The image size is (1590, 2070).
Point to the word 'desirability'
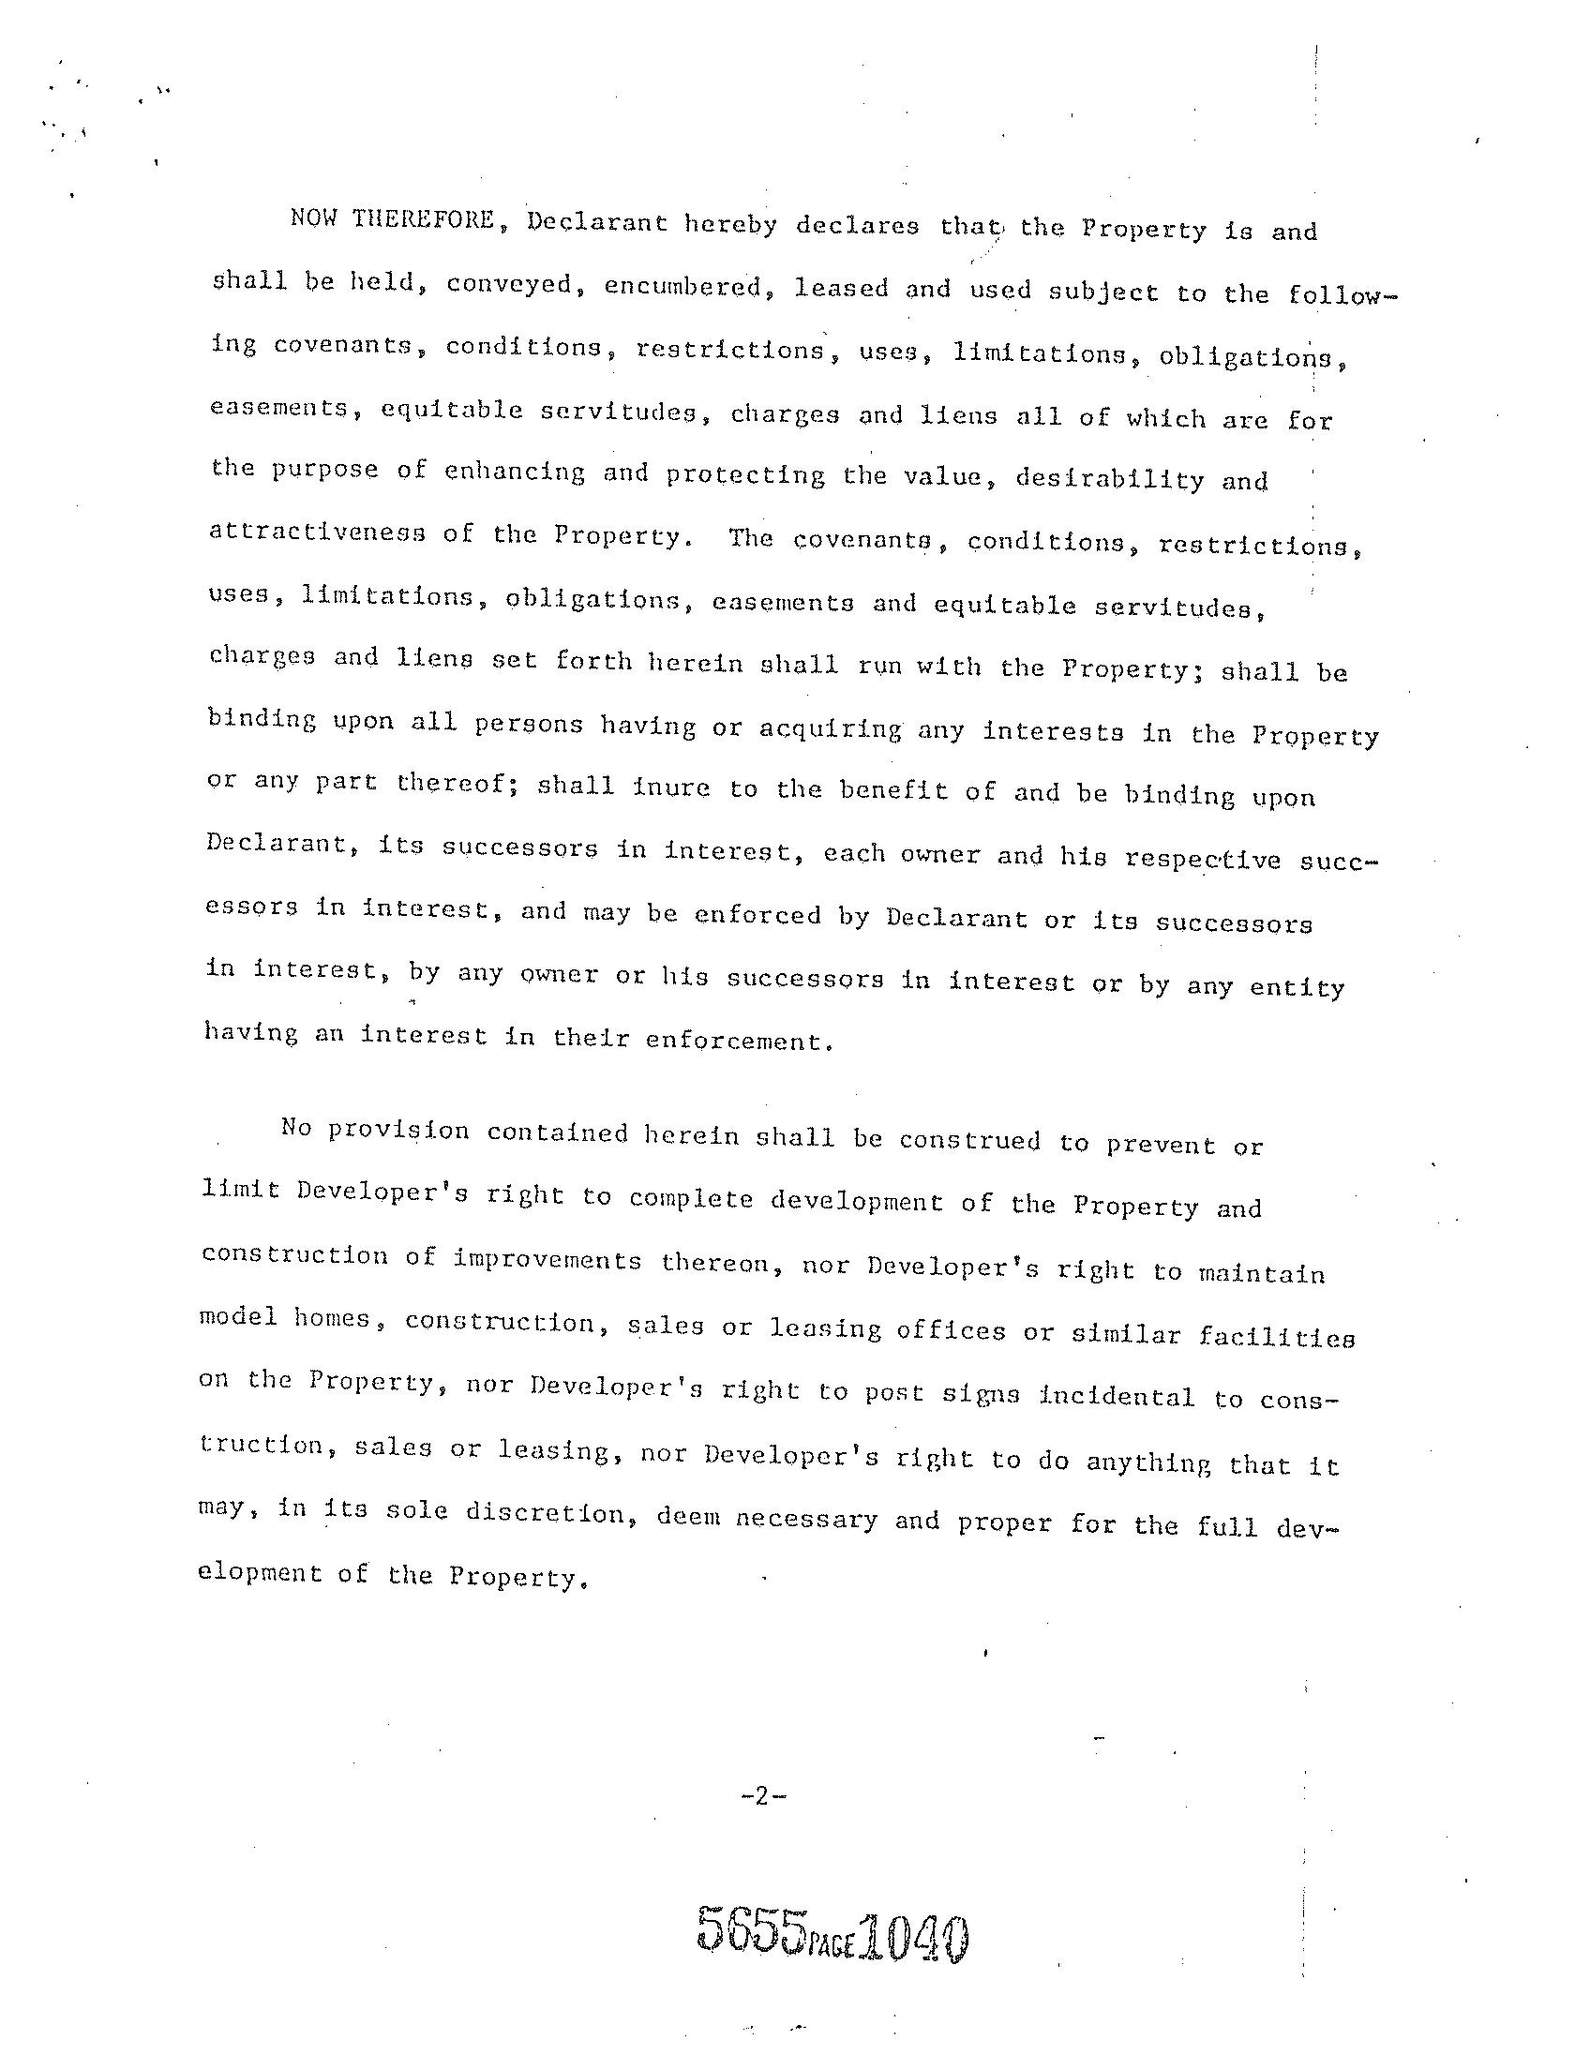click(1109, 479)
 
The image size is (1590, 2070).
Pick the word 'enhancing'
click(514, 472)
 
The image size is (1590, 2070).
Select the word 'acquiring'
click(830, 728)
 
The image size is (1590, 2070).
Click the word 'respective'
click(1203, 859)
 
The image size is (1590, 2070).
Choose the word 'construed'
click(969, 1140)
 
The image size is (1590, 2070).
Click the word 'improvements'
click(548, 1260)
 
